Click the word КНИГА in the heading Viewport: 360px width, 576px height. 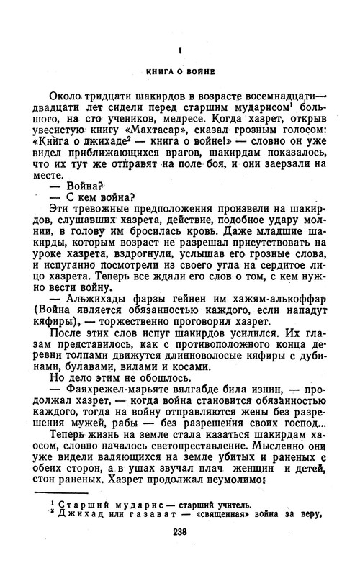pos(160,72)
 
